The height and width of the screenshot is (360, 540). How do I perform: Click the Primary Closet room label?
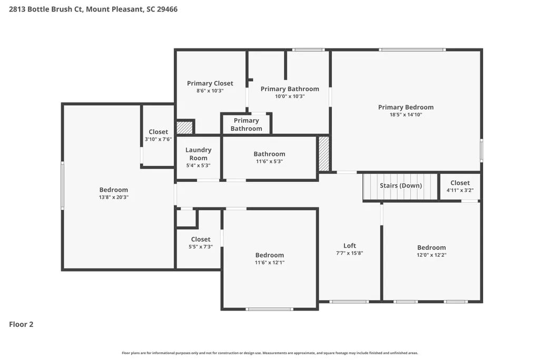(210, 83)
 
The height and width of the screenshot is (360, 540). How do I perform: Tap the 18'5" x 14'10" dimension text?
(406, 115)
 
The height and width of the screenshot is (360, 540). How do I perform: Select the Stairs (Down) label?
(401, 186)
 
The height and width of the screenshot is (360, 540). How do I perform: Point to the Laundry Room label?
(199, 154)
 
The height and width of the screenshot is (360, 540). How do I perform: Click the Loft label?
(350, 246)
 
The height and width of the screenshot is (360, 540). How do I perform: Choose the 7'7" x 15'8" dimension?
(350, 253)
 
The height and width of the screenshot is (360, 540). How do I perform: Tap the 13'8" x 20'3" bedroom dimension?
(114, 198)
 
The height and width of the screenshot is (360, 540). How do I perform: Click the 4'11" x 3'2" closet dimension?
(460, 190)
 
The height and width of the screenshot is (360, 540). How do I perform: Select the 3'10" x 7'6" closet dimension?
(159, 139)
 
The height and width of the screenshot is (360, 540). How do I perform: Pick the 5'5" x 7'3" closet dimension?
(201, 247)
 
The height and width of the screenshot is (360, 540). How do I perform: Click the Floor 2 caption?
(21, 324)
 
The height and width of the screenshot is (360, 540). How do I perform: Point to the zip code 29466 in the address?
(167, 9)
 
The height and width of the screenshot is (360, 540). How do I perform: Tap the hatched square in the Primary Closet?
(184, 128)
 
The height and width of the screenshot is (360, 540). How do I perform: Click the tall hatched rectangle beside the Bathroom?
(323, 154)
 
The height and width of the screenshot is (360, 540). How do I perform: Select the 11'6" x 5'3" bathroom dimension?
(269, 161)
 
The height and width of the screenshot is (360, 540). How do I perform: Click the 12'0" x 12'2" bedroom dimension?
(431, 255)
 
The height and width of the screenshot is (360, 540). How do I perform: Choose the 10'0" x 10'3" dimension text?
(290, 96)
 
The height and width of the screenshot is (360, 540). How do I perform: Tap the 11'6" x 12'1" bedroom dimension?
(270, 262)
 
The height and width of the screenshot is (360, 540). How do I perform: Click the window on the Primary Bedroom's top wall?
(413, 50)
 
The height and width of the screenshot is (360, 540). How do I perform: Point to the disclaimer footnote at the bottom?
(270, 353)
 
